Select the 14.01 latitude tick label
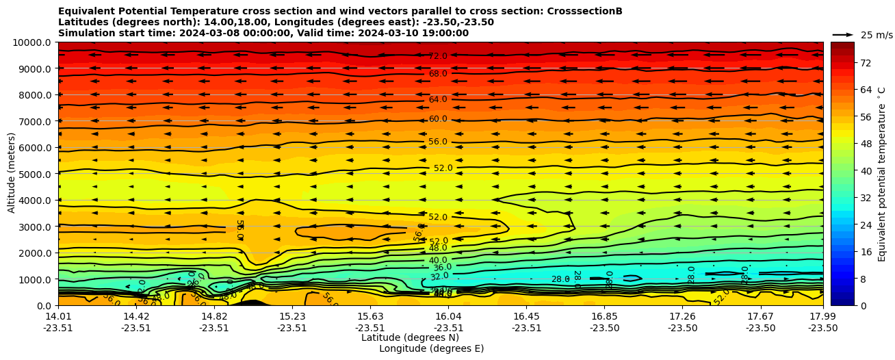pos(58,316)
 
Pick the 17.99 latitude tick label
pos(822,316)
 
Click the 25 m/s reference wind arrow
pos(843,34)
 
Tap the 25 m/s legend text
pos(876,35)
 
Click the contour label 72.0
pos(438,56)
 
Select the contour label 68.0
pos(438,74)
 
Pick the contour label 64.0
pos(438,100)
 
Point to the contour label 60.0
pos(438,119)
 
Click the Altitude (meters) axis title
pos(12,174)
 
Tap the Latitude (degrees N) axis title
pos(410,337)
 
